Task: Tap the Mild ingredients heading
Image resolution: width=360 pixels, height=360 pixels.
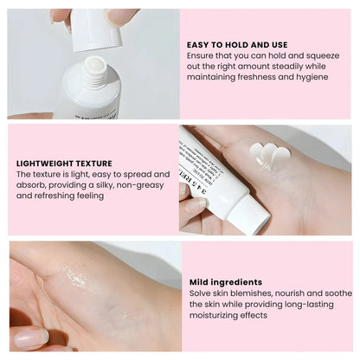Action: point(226,281)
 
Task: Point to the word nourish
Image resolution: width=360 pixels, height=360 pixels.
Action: point(292,293)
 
